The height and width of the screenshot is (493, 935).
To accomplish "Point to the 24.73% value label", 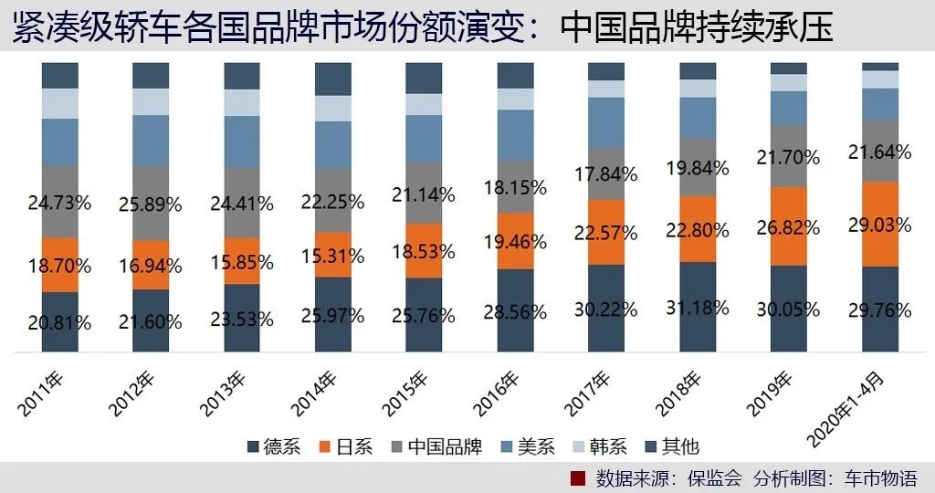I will (59, 202).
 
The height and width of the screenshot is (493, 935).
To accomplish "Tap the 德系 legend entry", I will (274, 446).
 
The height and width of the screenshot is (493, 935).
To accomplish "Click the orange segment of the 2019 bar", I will (789, 226).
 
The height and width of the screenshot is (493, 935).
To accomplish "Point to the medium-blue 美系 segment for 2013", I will (242, 142).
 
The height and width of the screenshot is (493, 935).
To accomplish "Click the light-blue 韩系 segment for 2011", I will (59, 103).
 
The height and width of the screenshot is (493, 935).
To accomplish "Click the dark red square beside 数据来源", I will (576, 478).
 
